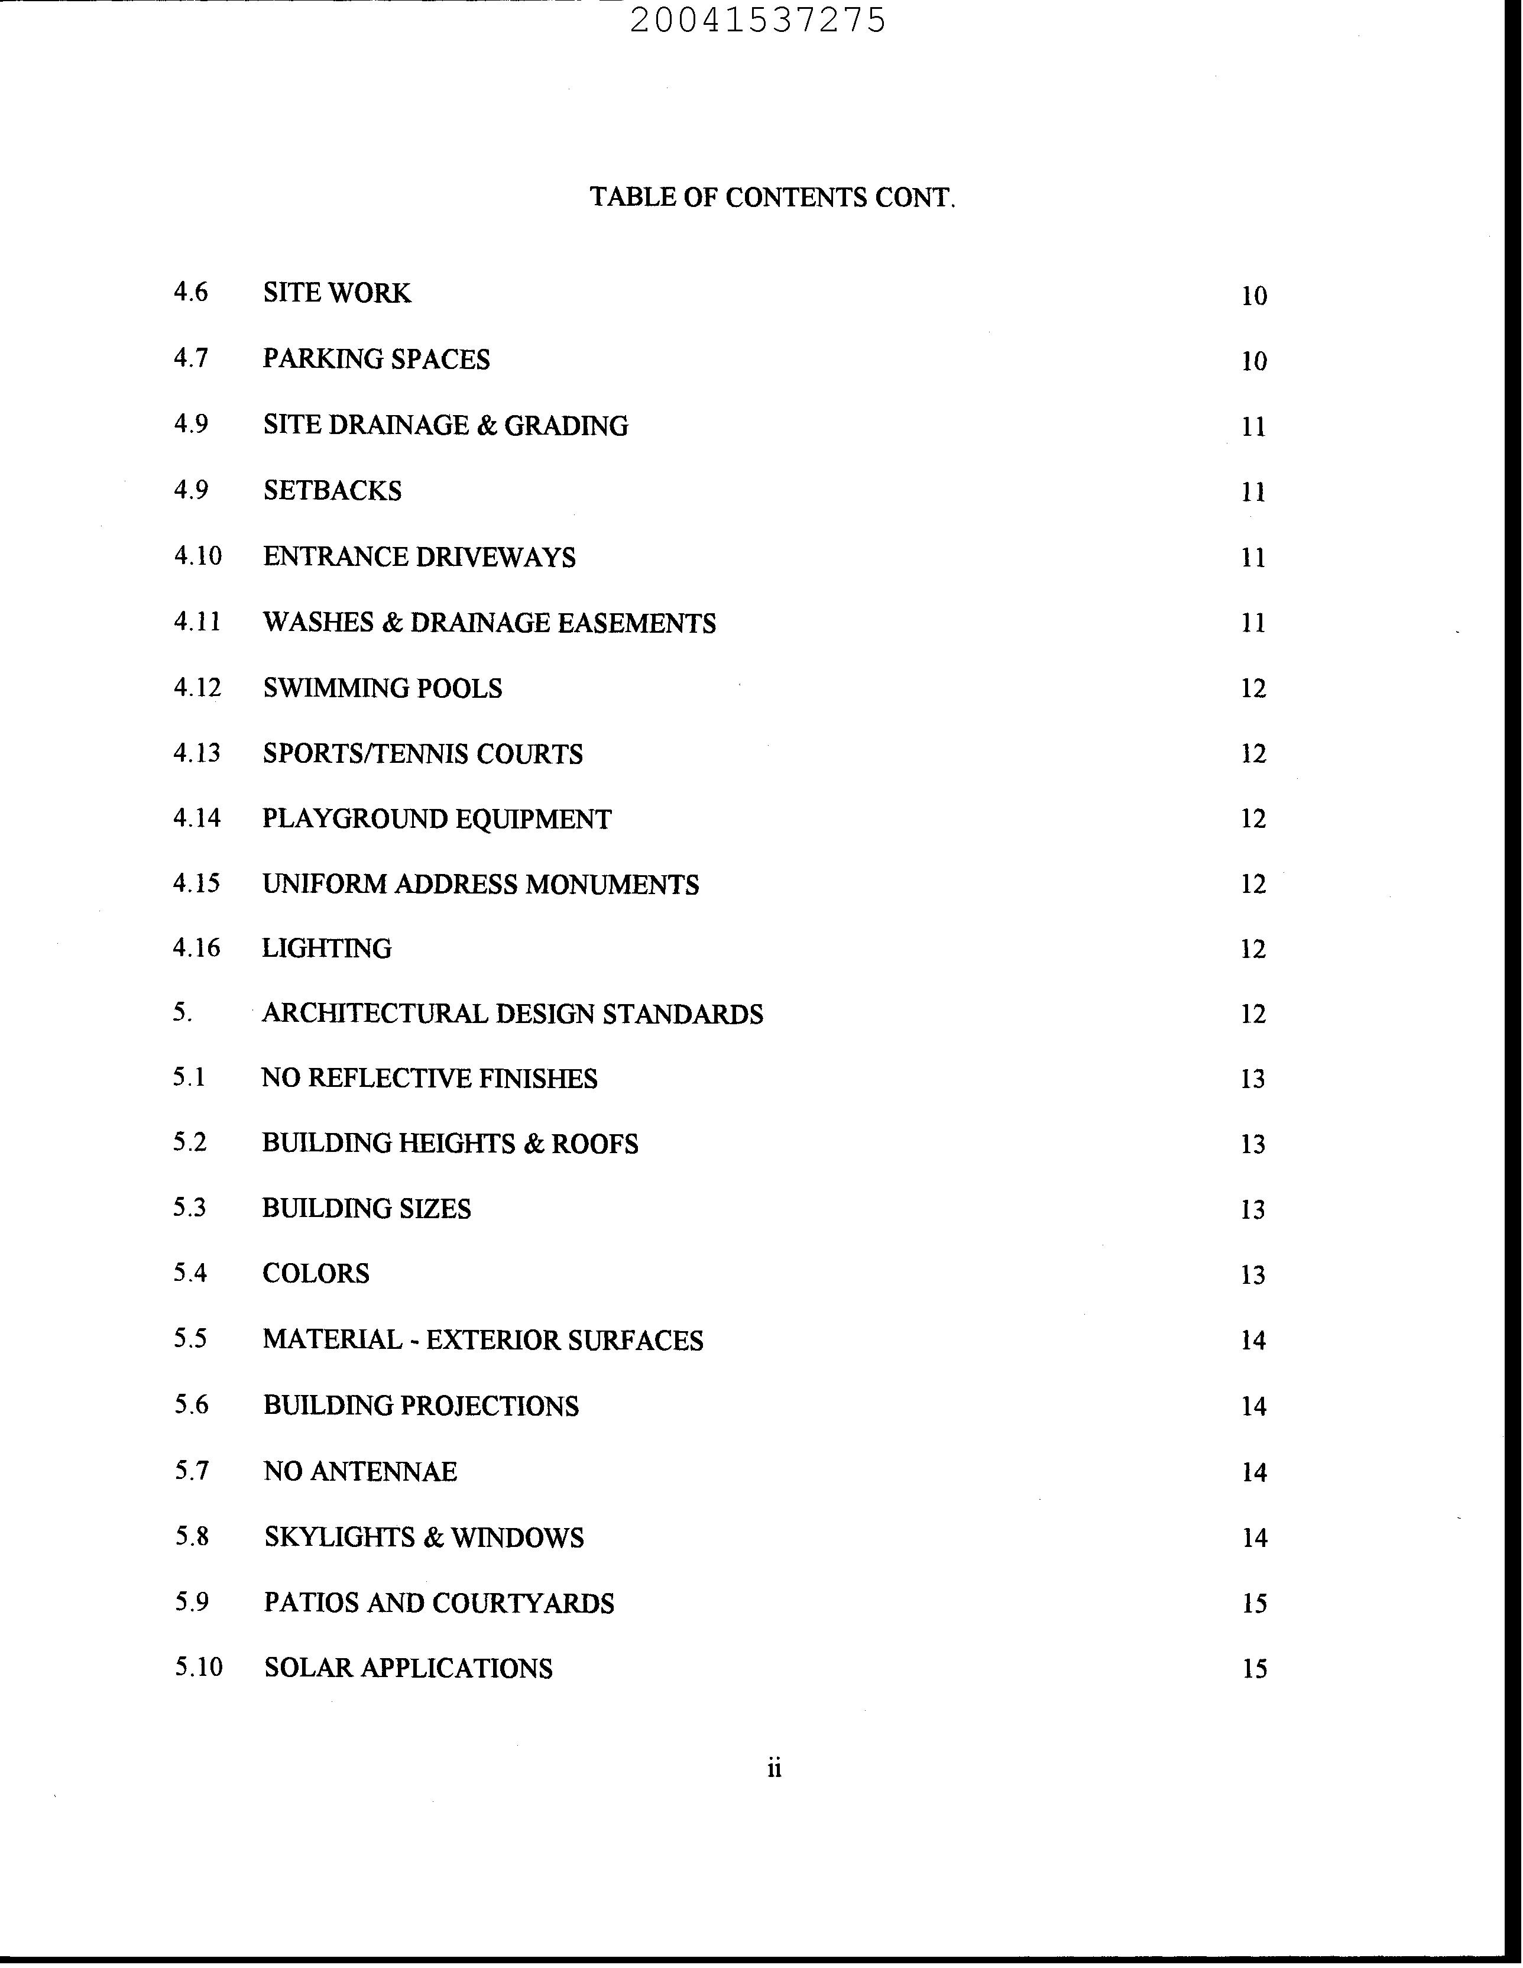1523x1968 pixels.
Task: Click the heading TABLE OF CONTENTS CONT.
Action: click(772, 198)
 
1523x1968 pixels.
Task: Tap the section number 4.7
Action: click(191, 358)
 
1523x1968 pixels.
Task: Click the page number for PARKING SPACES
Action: click(1253, 361)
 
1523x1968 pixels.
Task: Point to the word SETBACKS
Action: click(332, 490)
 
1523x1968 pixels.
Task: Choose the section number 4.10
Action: click(197, 556)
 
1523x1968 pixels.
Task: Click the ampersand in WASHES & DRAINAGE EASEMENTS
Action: click(391, 623)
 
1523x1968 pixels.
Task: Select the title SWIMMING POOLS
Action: click(382, 688)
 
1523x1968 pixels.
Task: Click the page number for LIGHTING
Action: click(1253, 949)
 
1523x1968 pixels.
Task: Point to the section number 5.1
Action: click(189, 1077)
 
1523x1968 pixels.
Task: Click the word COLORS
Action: click(315, 1273)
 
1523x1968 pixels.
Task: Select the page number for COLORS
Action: click(1253, 1275)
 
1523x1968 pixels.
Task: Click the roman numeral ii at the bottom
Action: click(774, 1769)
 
